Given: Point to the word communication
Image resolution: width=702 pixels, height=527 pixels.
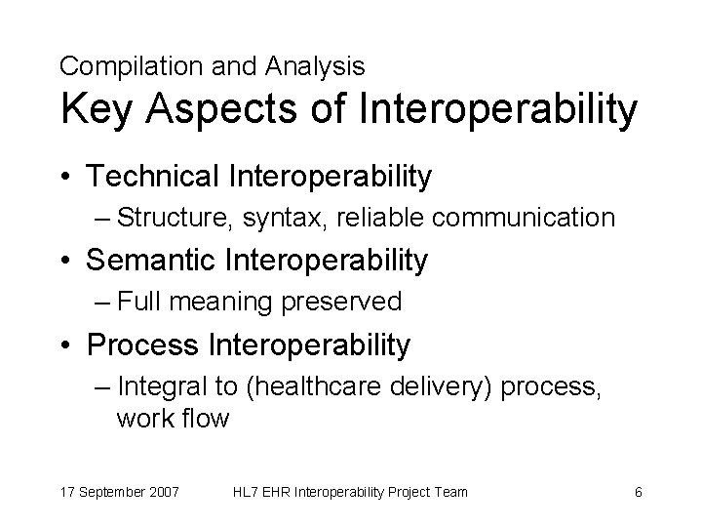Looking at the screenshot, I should point(524,218).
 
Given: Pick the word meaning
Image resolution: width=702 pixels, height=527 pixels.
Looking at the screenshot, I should point(223,303).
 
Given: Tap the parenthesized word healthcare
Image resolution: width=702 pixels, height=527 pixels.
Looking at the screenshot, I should point(303,386).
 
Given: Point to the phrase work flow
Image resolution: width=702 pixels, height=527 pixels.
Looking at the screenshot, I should point(172,419).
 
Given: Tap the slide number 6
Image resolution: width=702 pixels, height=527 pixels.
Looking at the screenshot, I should point(638,492).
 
